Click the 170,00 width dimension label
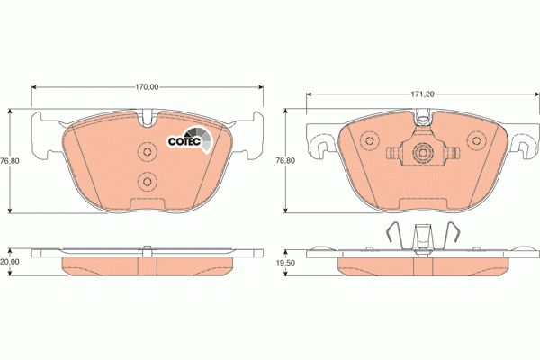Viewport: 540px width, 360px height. coord(147,87)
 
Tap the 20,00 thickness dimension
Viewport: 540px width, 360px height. coord(9,261)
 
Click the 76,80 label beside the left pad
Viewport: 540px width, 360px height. coord(9,160)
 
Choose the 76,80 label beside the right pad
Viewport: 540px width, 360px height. coord(284,160)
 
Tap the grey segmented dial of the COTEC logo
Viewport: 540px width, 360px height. coord(207,139)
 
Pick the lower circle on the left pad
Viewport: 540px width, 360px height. coord(147,183)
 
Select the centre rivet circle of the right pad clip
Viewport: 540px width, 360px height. coord(421,154)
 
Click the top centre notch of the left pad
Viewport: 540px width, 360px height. coord(148,114)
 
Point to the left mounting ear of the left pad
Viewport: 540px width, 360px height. coord(40,135)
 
